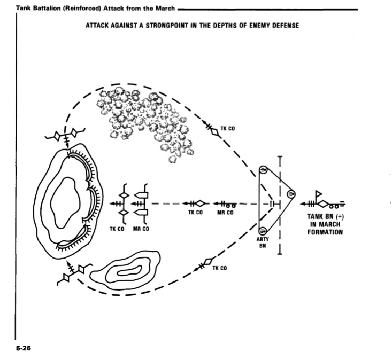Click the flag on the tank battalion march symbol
point(320,193)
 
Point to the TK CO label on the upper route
point(227,129)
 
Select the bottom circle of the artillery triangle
point(263,231)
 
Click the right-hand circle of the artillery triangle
point(290,193)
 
